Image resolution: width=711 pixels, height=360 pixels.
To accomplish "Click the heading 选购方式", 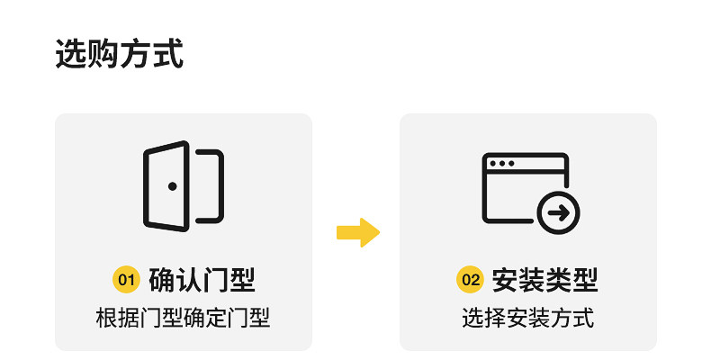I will pos(120,54).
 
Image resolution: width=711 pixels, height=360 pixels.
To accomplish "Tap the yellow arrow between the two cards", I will pos(358,232).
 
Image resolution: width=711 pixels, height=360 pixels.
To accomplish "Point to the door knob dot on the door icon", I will pos(172,186).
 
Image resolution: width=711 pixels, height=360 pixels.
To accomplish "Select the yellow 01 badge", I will pos(127,280).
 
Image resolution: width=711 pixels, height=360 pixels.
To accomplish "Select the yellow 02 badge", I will pos(471,280).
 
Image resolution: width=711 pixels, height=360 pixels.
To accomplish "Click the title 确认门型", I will pos(202,280).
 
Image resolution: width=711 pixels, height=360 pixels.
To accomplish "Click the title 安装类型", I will pos(545,280).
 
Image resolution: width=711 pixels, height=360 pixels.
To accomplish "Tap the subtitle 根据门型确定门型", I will pos(184,318).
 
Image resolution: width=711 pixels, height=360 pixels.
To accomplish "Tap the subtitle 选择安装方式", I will pos(528,318).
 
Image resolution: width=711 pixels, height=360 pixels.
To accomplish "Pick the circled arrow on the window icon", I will pos(559,212).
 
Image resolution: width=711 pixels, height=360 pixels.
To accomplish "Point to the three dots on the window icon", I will pos(502,164).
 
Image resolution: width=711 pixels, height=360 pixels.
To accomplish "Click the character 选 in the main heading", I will pos(71,54).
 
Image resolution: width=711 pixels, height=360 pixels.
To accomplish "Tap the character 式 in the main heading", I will pos(168,54).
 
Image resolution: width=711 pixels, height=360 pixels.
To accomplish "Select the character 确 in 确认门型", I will pos(161,280).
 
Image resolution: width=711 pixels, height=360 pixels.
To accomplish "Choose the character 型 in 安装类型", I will pos(586,280).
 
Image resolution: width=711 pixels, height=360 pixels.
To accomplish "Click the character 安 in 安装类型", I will pos(505,280).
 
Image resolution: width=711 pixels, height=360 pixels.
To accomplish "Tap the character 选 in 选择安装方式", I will pos(472,318).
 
